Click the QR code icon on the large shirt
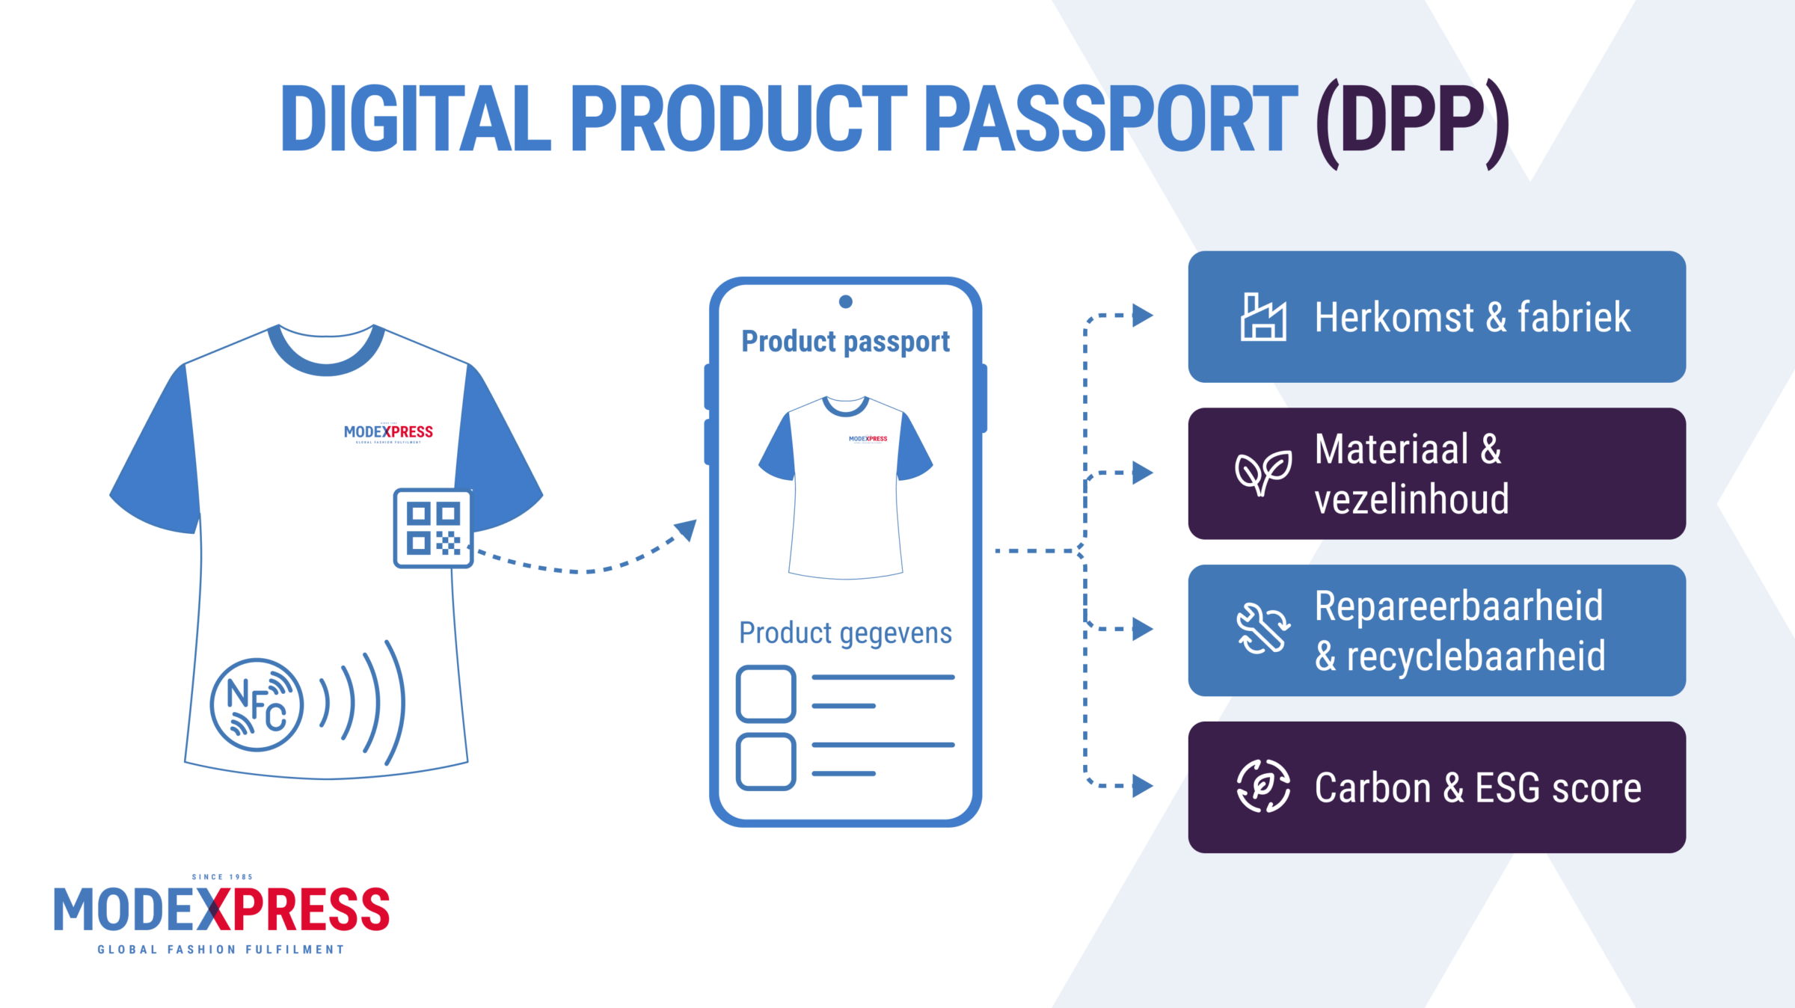[x=433, y=528]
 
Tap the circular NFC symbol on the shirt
[x=257, y=704]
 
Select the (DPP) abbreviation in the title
[x=1411, y=120]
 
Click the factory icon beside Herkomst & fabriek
[x=1263, y=317]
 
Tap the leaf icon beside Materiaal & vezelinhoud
[x=1262, y=473]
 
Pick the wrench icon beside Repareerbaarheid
[x=1262, y=629]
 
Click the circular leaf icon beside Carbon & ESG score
[x=1262, y=786]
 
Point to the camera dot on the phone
[x=846, y=301]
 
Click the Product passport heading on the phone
[x=845, y=342]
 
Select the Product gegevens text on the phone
[x=845, y=633]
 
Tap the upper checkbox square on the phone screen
[x=766, y=694]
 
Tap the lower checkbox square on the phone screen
[x=766, y=761]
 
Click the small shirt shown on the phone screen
[x=845, y=486]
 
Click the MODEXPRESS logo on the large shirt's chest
[x=388, y=432]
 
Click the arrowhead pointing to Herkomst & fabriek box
[x=1141, y=316]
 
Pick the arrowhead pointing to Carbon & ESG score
[x=1141, y=786]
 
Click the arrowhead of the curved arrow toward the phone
[x=687, y=529]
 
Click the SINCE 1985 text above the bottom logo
[x=222, y=877]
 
